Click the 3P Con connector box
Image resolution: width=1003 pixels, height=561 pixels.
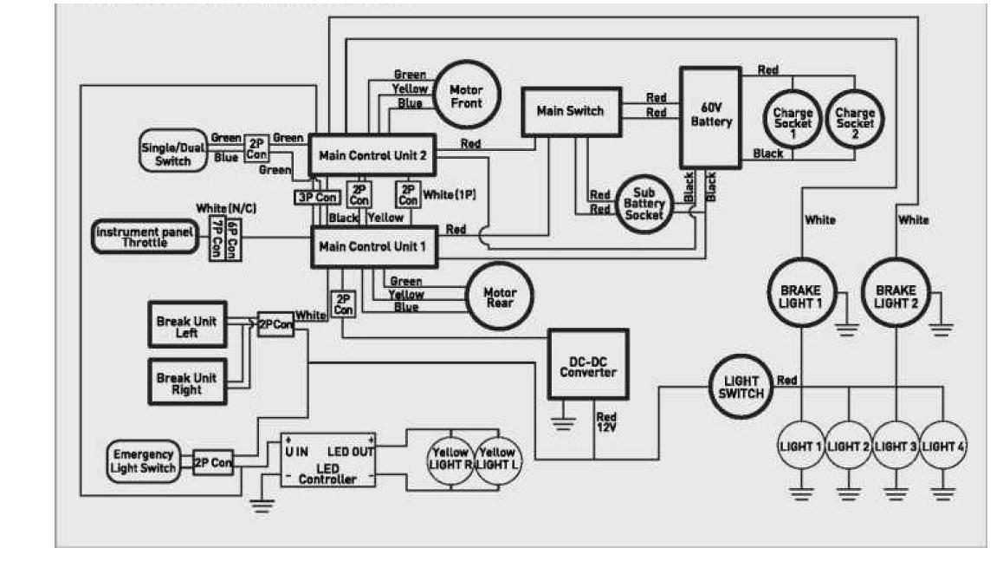coord(317,198)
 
